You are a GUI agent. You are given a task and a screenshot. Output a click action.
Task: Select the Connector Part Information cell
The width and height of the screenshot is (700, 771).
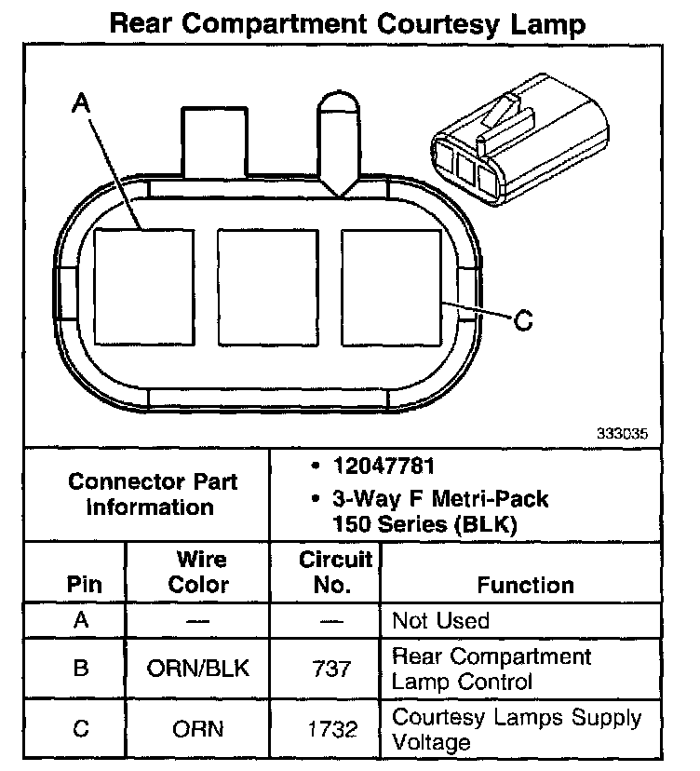[153, 494]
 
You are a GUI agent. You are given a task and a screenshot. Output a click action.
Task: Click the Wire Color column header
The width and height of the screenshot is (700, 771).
[200, 573]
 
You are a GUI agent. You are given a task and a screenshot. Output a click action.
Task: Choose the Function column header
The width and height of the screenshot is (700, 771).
[525, 585]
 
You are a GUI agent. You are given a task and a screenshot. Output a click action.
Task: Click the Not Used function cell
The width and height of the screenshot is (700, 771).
[440, 621]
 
